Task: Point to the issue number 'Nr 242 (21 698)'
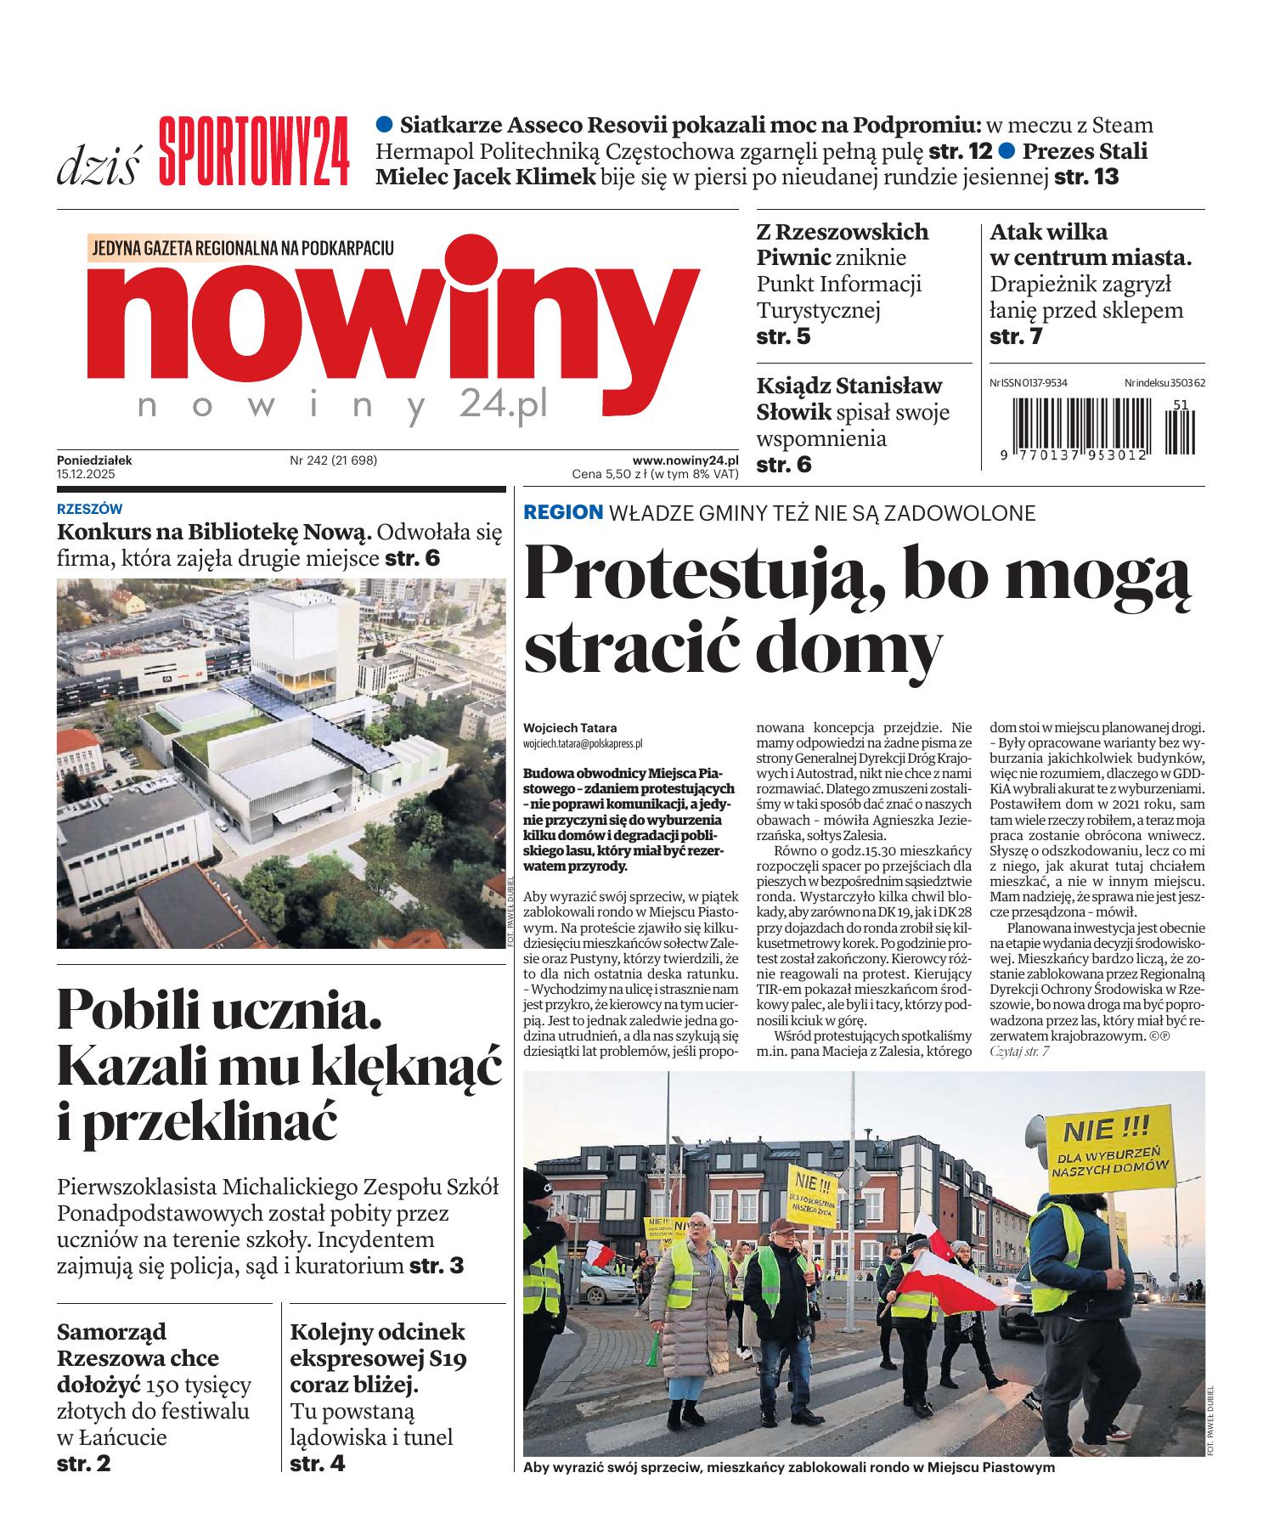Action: tap(333, 460)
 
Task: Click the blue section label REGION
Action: tap(563, 512)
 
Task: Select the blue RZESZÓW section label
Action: tap(89, 510)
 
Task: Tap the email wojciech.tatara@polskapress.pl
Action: tap(583, 742)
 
